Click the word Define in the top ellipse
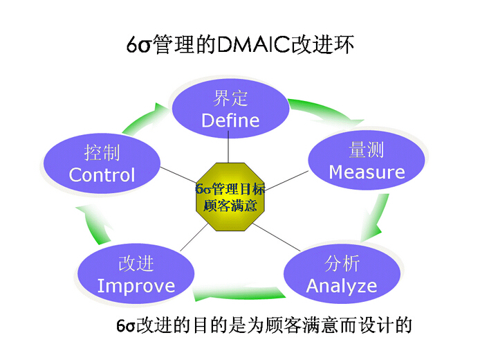[x=230, y=120]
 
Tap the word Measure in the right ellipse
[x=367, y=172]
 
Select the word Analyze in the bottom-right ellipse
[x=342, y=285]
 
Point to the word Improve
[x=136, y=285]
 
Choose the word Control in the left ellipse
[x=102, y=174]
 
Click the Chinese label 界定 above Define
[x=230, y=98]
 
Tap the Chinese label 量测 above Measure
[x=367, y=150]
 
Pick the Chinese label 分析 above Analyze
[x=342, y=263]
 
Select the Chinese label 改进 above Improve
[x=136, y=263]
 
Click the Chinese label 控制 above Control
[x=102, y=152]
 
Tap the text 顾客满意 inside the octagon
[x=230, y=206]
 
